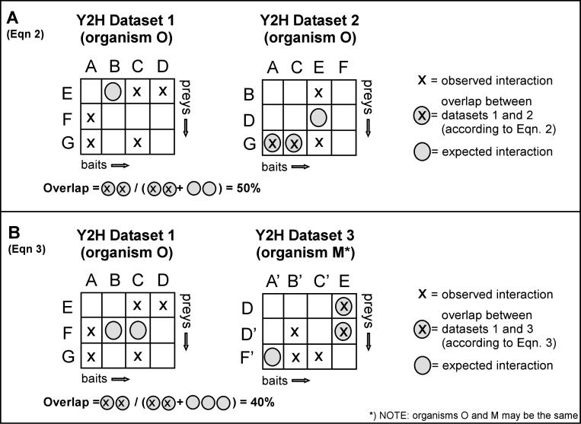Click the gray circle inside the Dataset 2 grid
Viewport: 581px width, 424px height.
[x=319, y=116]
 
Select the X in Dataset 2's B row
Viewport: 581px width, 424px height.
[x=319, y=93]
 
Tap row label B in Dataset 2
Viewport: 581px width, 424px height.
[x=247, y=93]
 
